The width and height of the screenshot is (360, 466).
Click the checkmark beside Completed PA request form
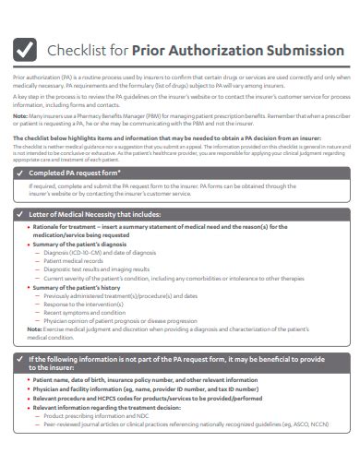click(21, 173)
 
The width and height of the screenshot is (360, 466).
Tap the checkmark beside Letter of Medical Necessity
click(21, 213)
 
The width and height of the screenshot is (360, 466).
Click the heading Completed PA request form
click(74, 173)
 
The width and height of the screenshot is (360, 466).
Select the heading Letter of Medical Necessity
click(92, 213)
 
